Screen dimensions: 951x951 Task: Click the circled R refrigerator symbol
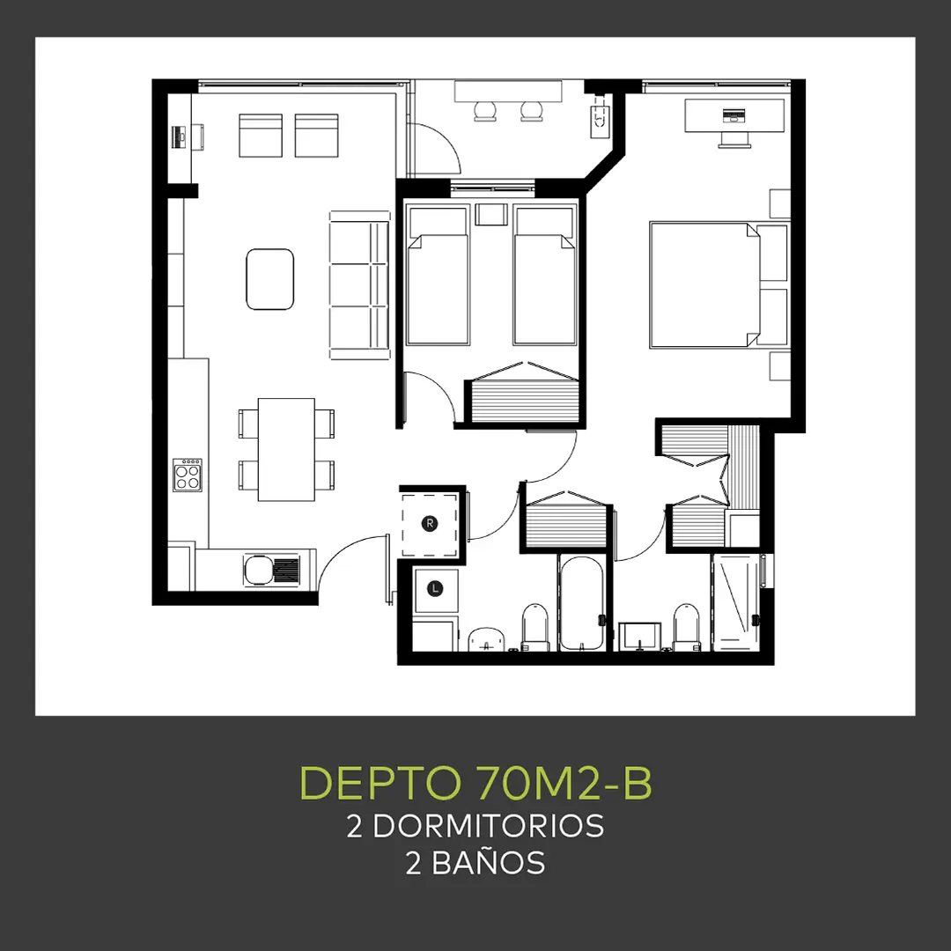coord(430,523)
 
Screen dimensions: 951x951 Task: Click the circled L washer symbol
coord(435,588)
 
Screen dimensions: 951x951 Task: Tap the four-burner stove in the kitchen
coord(188,475)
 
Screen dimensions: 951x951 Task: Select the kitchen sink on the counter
coord(271,570)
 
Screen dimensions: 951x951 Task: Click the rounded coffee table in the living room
coord(270,279)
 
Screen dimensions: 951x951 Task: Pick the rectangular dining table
coord(286,449)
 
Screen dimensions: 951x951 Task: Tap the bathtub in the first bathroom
coord(581,603)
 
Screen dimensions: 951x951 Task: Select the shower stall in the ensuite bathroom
coord(736,602)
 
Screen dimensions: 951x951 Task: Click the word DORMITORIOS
coord(488,826)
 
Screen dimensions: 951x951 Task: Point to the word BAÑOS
coord(488,862)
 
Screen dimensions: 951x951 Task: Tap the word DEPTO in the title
coord(380,783)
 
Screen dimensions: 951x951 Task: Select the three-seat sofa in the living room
coord(359,285)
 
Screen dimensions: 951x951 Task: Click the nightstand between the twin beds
coord(491,214)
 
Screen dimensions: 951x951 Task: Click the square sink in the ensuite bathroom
coord(639,636)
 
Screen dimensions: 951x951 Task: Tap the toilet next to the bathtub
coord(535,627)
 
